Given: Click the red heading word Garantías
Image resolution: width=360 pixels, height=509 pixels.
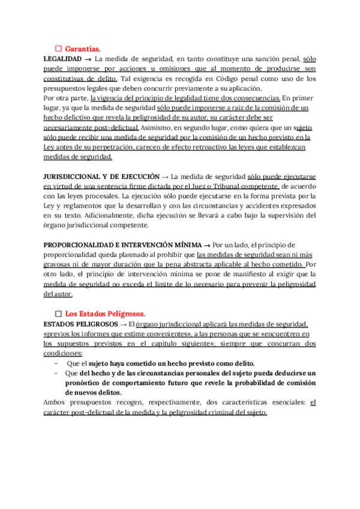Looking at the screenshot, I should (x=83, y=48).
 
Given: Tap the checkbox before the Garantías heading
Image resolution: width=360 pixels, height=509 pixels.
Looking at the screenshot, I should (x=59, y=48).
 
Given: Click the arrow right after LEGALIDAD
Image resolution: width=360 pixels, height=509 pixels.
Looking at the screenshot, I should (x=88, y=59).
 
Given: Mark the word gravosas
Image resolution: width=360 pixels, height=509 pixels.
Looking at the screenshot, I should (x=59, y=265).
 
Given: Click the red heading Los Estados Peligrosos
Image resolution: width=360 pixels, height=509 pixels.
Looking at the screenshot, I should (x=105, y=314).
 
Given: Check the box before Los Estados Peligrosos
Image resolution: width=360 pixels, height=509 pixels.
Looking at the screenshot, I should (x=59, y=314).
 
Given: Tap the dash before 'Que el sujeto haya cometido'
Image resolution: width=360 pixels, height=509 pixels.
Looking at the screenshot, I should (x=56, y=364).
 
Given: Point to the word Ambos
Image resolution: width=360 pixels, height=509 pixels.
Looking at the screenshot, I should (x=56, y=403).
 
